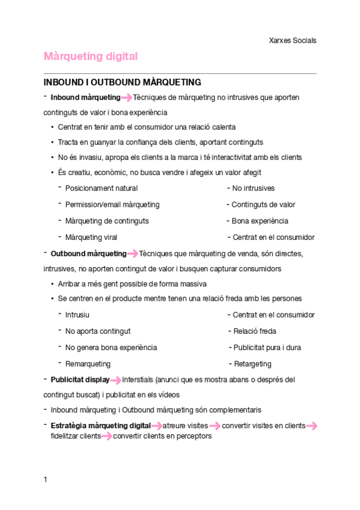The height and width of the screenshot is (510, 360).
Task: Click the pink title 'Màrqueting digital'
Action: [x=91, y=57]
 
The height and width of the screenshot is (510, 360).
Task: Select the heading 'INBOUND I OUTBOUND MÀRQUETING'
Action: [x=122, y=82]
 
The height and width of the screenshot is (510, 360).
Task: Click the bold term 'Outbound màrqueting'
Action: [x=88, y=253]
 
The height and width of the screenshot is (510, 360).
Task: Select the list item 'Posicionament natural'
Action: [x=101, y=188]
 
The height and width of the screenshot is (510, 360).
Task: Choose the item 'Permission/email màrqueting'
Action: [x=112, y=204]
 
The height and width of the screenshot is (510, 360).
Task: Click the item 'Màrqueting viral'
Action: [x=91, y=237]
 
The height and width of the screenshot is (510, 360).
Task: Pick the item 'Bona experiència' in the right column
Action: [x=260, y=221]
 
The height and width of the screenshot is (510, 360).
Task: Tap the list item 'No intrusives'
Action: [x=253, y=188]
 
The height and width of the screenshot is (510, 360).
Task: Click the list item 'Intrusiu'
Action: [x=78, y=315]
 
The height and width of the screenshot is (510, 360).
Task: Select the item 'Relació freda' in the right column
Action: [x=254, y=331]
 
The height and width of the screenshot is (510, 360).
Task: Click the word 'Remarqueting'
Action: [x=88, y=363]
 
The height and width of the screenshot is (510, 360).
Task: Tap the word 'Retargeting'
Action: [x=252, y=363]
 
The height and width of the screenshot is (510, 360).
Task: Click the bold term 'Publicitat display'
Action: [x=80, y=379]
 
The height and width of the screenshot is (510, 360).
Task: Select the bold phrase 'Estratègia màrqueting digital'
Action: [x=100, y=426]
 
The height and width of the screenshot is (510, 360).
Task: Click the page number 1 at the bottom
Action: [x=45, y=479]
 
